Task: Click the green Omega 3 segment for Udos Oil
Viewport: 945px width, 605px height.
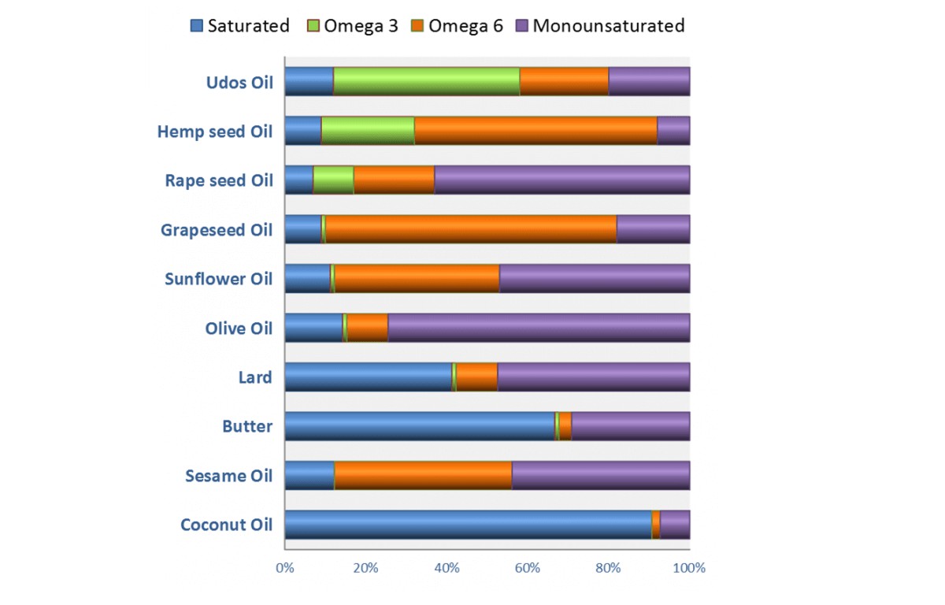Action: click(x=426, y=82)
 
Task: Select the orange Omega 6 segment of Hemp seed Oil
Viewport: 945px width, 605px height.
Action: click(x=535, y=131)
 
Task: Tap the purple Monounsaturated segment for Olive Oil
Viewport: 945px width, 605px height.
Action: click(x=539, y=328)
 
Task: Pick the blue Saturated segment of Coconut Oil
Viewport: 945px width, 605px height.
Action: click(x=468, y=525)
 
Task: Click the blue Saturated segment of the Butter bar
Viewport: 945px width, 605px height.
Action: click(x=420, y=426)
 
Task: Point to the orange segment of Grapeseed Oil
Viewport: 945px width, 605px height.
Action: click(x=470, y=229)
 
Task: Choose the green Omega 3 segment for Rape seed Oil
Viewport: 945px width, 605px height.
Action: click(x=333, y=180)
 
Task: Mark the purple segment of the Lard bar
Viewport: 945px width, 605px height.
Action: click(x=594, y=377)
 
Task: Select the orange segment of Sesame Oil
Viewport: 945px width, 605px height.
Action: click(x=423, y=476)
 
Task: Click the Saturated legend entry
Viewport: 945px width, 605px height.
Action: click(x=240, y=25)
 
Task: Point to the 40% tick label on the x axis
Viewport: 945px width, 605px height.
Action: click(x=447, y=567)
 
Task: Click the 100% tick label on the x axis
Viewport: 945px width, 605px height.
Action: click(x=690, y=567)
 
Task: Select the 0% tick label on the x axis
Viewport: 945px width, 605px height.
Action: click(x=284, y=567)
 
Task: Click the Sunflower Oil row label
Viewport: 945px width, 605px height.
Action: click(x=218, y=279)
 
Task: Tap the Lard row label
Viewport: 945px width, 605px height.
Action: click(x=254, y=377)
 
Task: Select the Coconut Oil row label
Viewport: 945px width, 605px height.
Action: click(x=226, y=525)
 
